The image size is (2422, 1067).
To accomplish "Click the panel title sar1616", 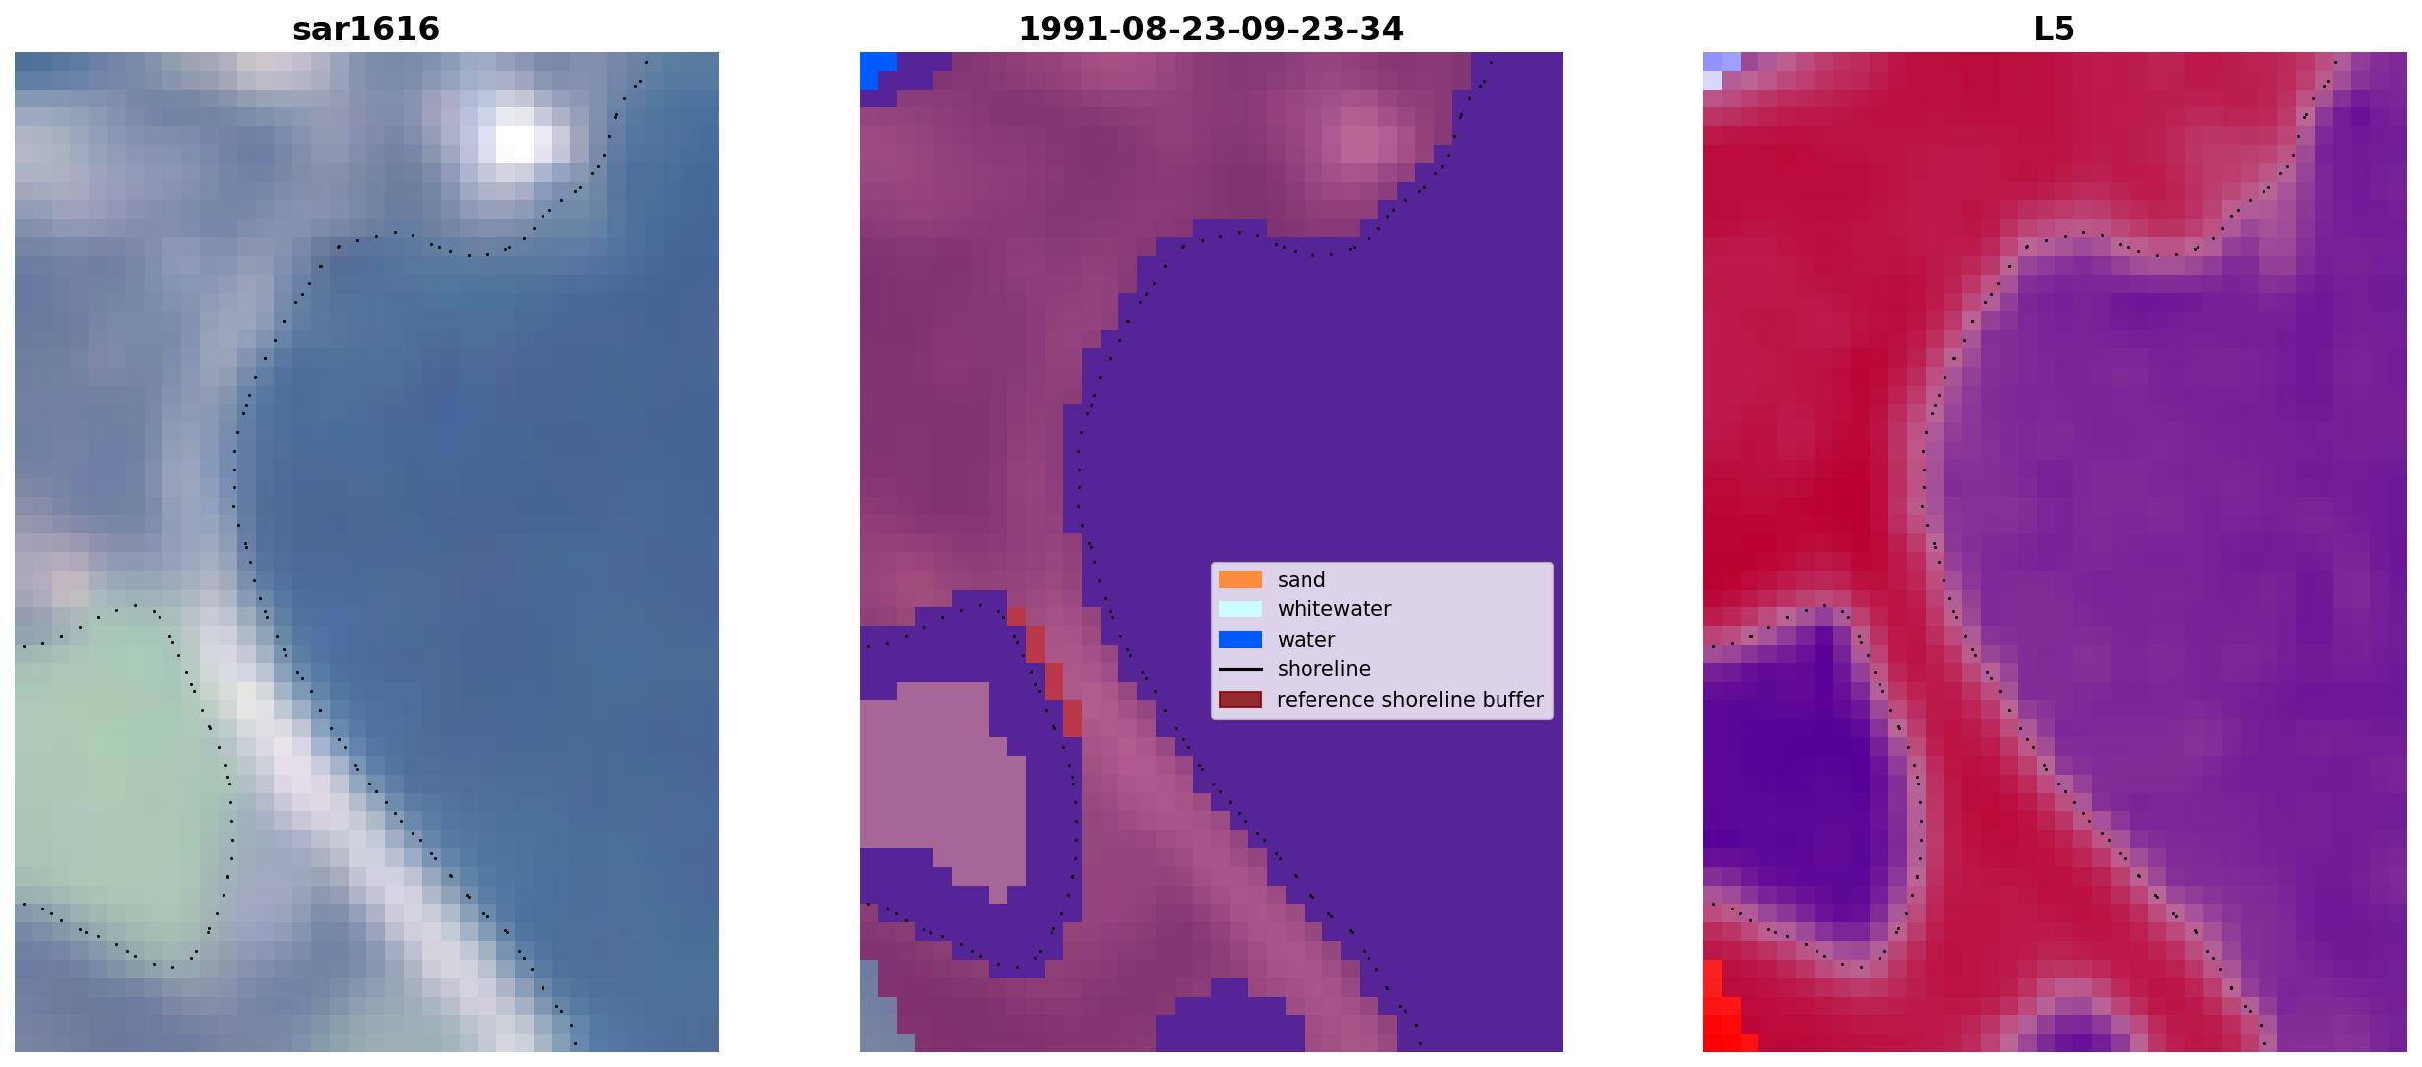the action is click(x=366, y=29).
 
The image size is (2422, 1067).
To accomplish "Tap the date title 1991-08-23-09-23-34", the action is click(x=1211, y=29).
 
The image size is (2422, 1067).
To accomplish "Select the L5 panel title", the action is click(x=2055, y=29).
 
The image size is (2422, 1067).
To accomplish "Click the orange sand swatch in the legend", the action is click(x=1241, y=580).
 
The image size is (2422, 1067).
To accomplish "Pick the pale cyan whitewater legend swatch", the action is click(x=1241, y=609).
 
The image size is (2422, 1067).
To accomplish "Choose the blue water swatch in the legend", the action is click(x=1241, y=640).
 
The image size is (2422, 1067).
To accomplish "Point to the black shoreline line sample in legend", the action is click(x=1241, y=669).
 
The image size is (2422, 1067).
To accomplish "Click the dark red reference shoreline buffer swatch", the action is click(x=1241, y=700).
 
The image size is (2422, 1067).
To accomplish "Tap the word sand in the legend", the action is click(x=1302, y=580).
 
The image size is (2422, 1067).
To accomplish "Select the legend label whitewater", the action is click(x=1334, y=609).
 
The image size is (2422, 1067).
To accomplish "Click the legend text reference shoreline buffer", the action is click(x=1410, y=700).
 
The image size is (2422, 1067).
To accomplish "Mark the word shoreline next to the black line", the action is click(x=1323, y=669).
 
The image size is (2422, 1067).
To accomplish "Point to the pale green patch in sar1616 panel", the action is click(x=108, y=778).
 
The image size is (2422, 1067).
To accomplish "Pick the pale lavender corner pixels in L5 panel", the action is click(x=1718, y=69).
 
